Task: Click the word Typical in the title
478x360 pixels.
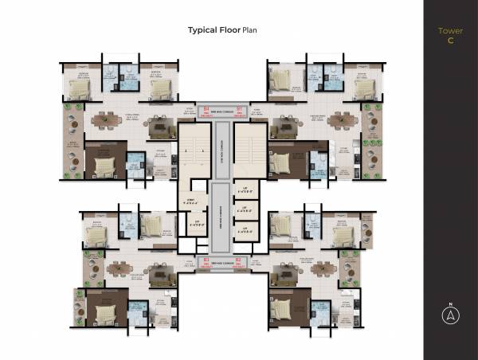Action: pyautogui.click(x=202, y=30)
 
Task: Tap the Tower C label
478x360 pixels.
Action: pyautogui.click(x=450, y=35)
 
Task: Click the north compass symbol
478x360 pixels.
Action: pyautogui.click(x=450, y=315)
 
